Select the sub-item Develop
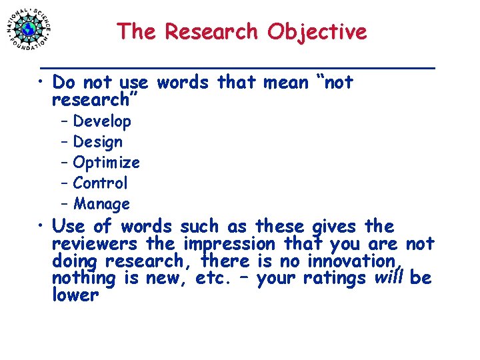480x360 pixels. tap(102, 121)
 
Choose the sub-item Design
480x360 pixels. tap(98, 142)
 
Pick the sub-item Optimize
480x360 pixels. tap(106, 163)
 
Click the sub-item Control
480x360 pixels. tap(100, 183)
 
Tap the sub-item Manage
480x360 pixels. tap(101, 203)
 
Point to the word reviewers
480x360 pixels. tap(94, 244)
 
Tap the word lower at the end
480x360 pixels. tap(75, 295)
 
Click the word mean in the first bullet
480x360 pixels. tap(285, 83)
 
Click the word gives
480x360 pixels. tap(335, 227)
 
